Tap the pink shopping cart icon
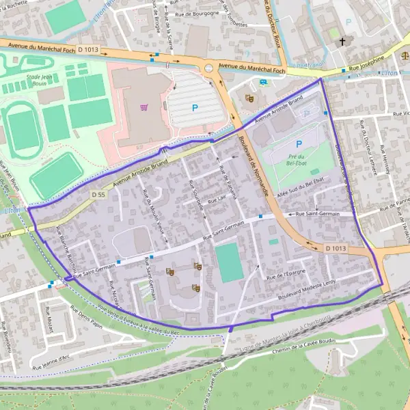[x=143, y=107]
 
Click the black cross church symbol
[x=343, y=41]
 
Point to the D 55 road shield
[x=98, y=195]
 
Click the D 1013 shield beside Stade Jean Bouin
[x=88, y=49]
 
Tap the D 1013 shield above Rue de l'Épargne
[x=336, y=248]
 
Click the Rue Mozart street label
[x=50, y=320]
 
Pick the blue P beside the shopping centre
[x=195, y=107]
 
